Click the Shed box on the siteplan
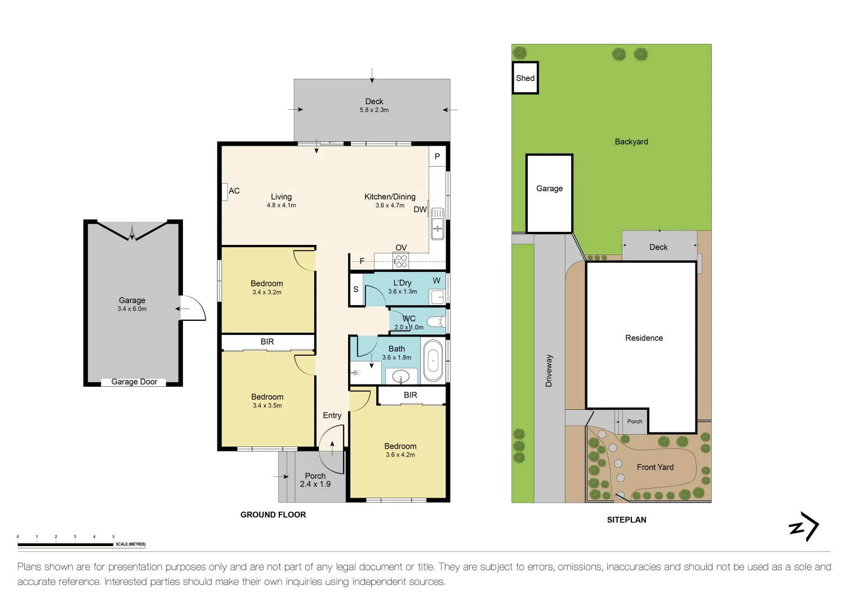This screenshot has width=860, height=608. (x=525, y=78)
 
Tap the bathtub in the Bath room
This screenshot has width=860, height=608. (x=433, y=360)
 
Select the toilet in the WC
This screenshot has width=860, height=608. (x=436, y=321)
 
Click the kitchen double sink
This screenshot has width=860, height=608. (x=437, y=224)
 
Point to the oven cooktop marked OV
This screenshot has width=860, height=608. (x=401, y=261)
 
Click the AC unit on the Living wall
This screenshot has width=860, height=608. (x=225, y=191)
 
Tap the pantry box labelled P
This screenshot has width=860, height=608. (x=437, y=157)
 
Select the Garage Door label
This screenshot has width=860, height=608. (x=134, y=382)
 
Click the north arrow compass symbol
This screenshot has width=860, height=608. (x=804, y=526)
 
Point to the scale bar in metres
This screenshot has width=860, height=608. (x=65, y=544)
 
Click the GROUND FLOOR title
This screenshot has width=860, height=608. (x=273, y=515)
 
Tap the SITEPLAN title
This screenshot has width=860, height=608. (x=627, y=520)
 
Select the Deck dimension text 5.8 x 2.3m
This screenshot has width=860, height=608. (x=374, y=110)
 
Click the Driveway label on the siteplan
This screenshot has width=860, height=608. (x=549, y=371)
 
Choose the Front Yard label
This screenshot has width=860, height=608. (x=655, y=467)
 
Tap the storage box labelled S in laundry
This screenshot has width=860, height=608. (x=356, y=289)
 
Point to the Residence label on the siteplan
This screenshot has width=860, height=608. (x=644, y=338)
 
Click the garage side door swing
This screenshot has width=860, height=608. (x=193, y=308)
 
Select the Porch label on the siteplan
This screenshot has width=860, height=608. (x=635, y=421)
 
